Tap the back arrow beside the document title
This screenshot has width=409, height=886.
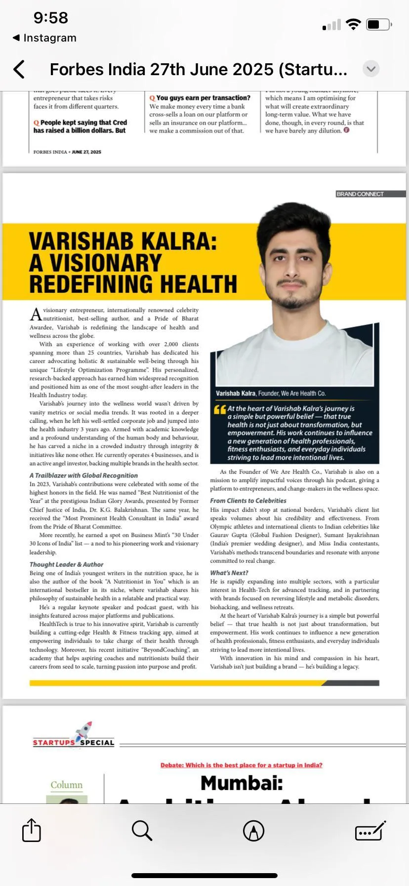(x=19, y=69)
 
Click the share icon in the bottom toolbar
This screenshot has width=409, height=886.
(x=32, y=830)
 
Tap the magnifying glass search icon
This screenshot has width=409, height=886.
(x=142, y=831)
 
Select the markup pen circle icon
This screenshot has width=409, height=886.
(x=253, y=831)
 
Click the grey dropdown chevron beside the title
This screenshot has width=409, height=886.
(x=371, y=69)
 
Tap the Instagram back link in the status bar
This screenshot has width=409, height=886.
(x=44, y=38)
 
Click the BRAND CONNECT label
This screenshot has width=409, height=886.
(x=360, y=194)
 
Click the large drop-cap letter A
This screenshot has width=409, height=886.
(x=36, y=314)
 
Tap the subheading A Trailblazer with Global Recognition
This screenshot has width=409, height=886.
(x=83, y=475)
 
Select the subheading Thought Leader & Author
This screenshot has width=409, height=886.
(x=66, y=564)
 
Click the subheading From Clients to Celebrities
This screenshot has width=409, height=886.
(x=248, y=500)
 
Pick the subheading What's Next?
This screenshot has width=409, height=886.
(x=229, y=573)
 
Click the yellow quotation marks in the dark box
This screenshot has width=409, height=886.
(x=220, y=410)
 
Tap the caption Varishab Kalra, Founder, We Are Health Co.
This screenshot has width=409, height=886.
(x=270, y=394)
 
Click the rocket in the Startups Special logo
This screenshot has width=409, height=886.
(x=83, y=730)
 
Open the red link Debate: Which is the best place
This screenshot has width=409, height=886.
(x=241, y=765)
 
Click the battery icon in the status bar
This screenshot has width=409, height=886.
(x=379, y=24)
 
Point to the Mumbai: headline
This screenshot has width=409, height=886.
(x=242, y=783)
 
